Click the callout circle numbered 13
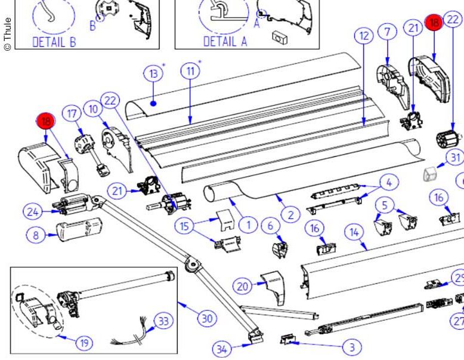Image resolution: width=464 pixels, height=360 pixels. click(153, 74)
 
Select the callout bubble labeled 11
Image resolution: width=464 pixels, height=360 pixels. click(190, 71)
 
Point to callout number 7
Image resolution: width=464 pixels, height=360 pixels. click(387, 30)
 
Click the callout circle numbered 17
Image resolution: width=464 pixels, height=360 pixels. click(73, 113)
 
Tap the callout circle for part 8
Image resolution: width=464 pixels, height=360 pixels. click(36, 235)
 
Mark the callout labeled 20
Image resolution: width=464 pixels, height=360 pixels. click(242, 287)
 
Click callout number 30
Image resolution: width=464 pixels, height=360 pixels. click(206, 318)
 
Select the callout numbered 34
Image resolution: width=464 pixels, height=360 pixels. click(221, 349)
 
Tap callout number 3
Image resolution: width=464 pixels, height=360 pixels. click(352, 346)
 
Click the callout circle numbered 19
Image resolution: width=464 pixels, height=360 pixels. click(84, 343)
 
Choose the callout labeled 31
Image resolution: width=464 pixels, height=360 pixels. click(456, 158)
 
